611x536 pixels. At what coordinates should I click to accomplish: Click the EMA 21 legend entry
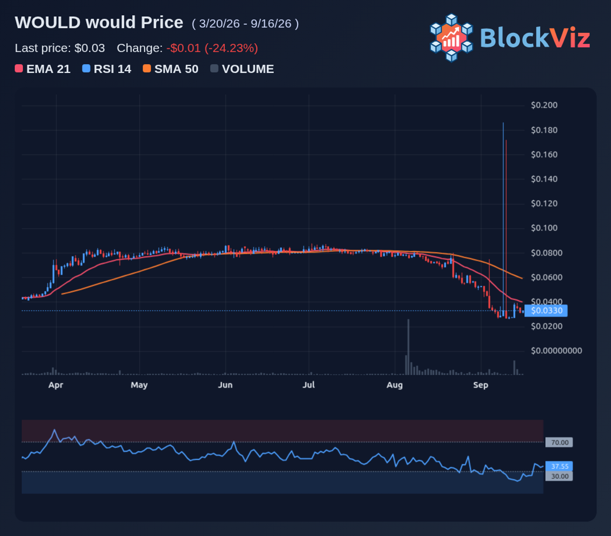click(42, 69)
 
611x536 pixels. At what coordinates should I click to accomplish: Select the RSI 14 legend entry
click(107, 69)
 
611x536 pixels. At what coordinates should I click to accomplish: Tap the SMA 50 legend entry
click(171, 69)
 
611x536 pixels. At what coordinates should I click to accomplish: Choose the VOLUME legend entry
click(242, 69)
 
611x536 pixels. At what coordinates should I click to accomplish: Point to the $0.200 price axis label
click(544, 105)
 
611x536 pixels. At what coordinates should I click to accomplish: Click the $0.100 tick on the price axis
click(544, 228)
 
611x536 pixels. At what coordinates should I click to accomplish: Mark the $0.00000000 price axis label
click(556, 351)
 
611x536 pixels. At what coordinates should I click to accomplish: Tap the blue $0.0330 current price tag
click(546, 311)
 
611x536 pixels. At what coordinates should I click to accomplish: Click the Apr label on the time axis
click(56, 385)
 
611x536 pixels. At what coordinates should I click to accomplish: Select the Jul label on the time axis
click(309, 385)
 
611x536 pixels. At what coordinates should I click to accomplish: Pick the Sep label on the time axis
click(481, 385)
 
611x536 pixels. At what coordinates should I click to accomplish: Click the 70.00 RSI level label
click(559, 443)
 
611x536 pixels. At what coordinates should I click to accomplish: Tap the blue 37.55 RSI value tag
click(559, 466)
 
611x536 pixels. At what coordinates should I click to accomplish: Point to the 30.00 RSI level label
click(559, 476)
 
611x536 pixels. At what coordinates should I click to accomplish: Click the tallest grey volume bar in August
click(408, 347)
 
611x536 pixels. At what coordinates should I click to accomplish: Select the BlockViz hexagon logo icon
click(451, 38)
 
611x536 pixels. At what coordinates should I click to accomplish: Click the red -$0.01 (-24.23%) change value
click(212, 48)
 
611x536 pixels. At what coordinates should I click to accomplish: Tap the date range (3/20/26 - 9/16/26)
click(245, 24)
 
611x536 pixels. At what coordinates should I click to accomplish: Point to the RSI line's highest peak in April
click(54, 430)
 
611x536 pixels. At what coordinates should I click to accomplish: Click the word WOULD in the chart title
click(48, 23)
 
